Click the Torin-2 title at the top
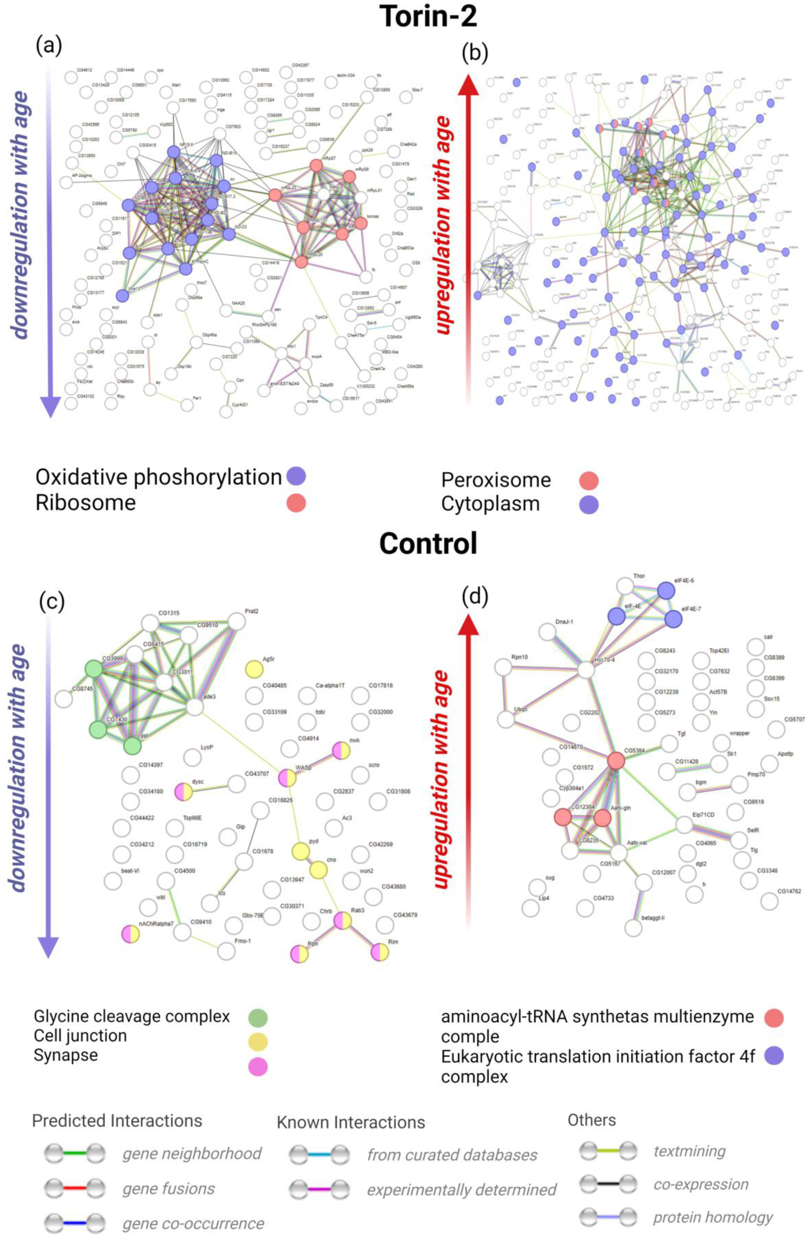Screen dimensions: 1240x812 [x=428, y=17]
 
